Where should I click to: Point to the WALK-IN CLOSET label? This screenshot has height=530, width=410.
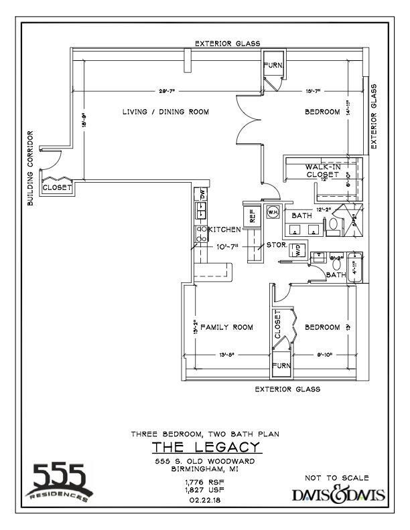pos(324,171)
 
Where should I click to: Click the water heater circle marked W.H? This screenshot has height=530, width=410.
pos(272,212)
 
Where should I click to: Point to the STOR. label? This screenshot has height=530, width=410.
pos(277,246)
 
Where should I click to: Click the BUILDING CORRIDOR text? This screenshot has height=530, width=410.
pos(30,168)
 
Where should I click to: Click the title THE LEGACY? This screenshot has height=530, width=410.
pos(205,446)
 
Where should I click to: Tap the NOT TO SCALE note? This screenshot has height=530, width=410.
pos(336,478)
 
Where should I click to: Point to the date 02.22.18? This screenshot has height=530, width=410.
pos(204,499)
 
